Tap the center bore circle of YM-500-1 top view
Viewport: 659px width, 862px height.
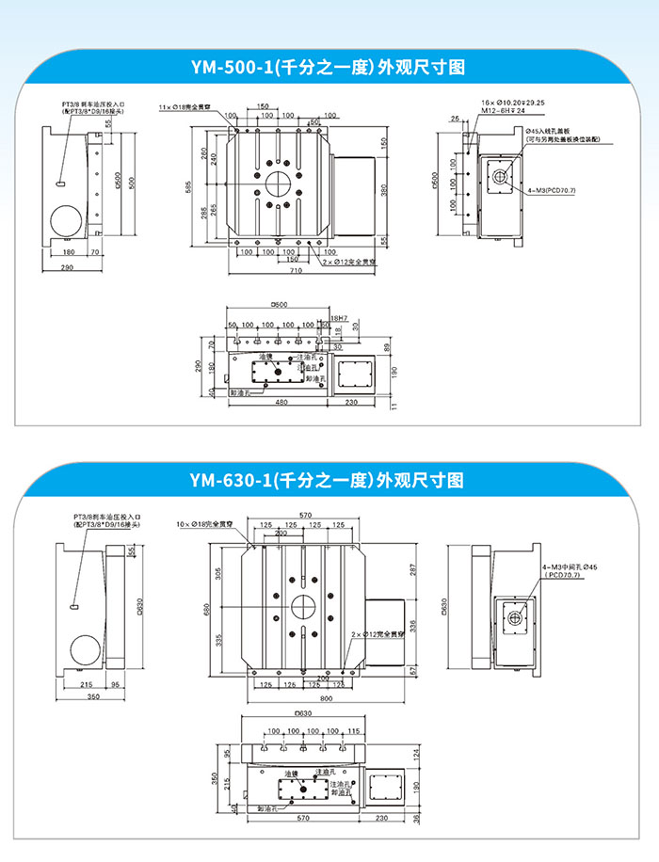[280, 181]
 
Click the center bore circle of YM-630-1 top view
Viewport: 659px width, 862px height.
[304, 606]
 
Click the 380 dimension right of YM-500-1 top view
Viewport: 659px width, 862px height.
[384, 189]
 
